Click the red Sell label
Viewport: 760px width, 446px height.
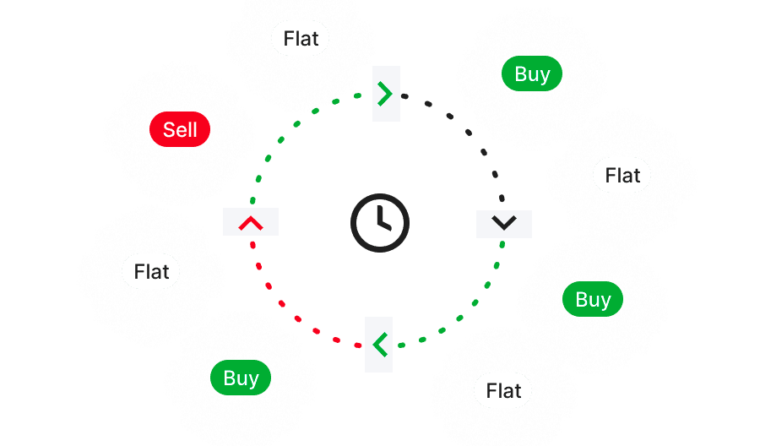[179, 130]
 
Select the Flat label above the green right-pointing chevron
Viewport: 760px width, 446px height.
[301, 38]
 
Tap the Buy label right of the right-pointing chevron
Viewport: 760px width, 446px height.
[532, 74]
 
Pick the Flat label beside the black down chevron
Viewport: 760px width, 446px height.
[622, 176]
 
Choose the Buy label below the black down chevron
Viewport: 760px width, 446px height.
[593, 300]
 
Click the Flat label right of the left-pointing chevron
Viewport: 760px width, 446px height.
[503, 391]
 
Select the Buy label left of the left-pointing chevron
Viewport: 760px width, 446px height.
[241, 378]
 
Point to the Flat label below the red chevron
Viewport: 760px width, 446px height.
[151, 272]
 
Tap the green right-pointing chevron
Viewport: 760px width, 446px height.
[386, 93]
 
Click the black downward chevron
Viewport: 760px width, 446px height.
[504, 223]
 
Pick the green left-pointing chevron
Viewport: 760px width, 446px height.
[379, 344]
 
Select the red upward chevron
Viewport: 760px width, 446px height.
[251, 223]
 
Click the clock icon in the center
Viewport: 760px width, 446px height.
[379, 223]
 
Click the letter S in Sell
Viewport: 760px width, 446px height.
[169, 130]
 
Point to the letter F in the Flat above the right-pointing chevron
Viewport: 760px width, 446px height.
[288, 38]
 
